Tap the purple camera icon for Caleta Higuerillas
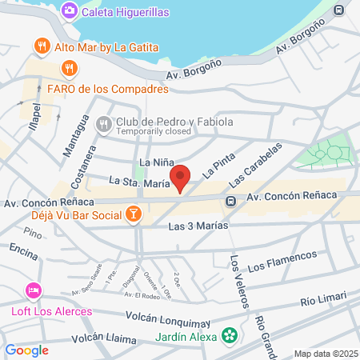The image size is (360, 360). tap(69, 10)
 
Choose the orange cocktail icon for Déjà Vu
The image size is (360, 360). tap(134, 214)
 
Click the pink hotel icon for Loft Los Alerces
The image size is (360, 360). tap(33, 289)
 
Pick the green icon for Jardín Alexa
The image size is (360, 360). tap(230, 334)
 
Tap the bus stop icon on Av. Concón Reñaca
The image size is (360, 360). tap(230, 201)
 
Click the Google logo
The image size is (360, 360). tap(27, 350)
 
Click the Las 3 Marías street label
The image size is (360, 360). tap(198, 226)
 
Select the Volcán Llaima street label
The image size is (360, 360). tap(103, 339)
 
